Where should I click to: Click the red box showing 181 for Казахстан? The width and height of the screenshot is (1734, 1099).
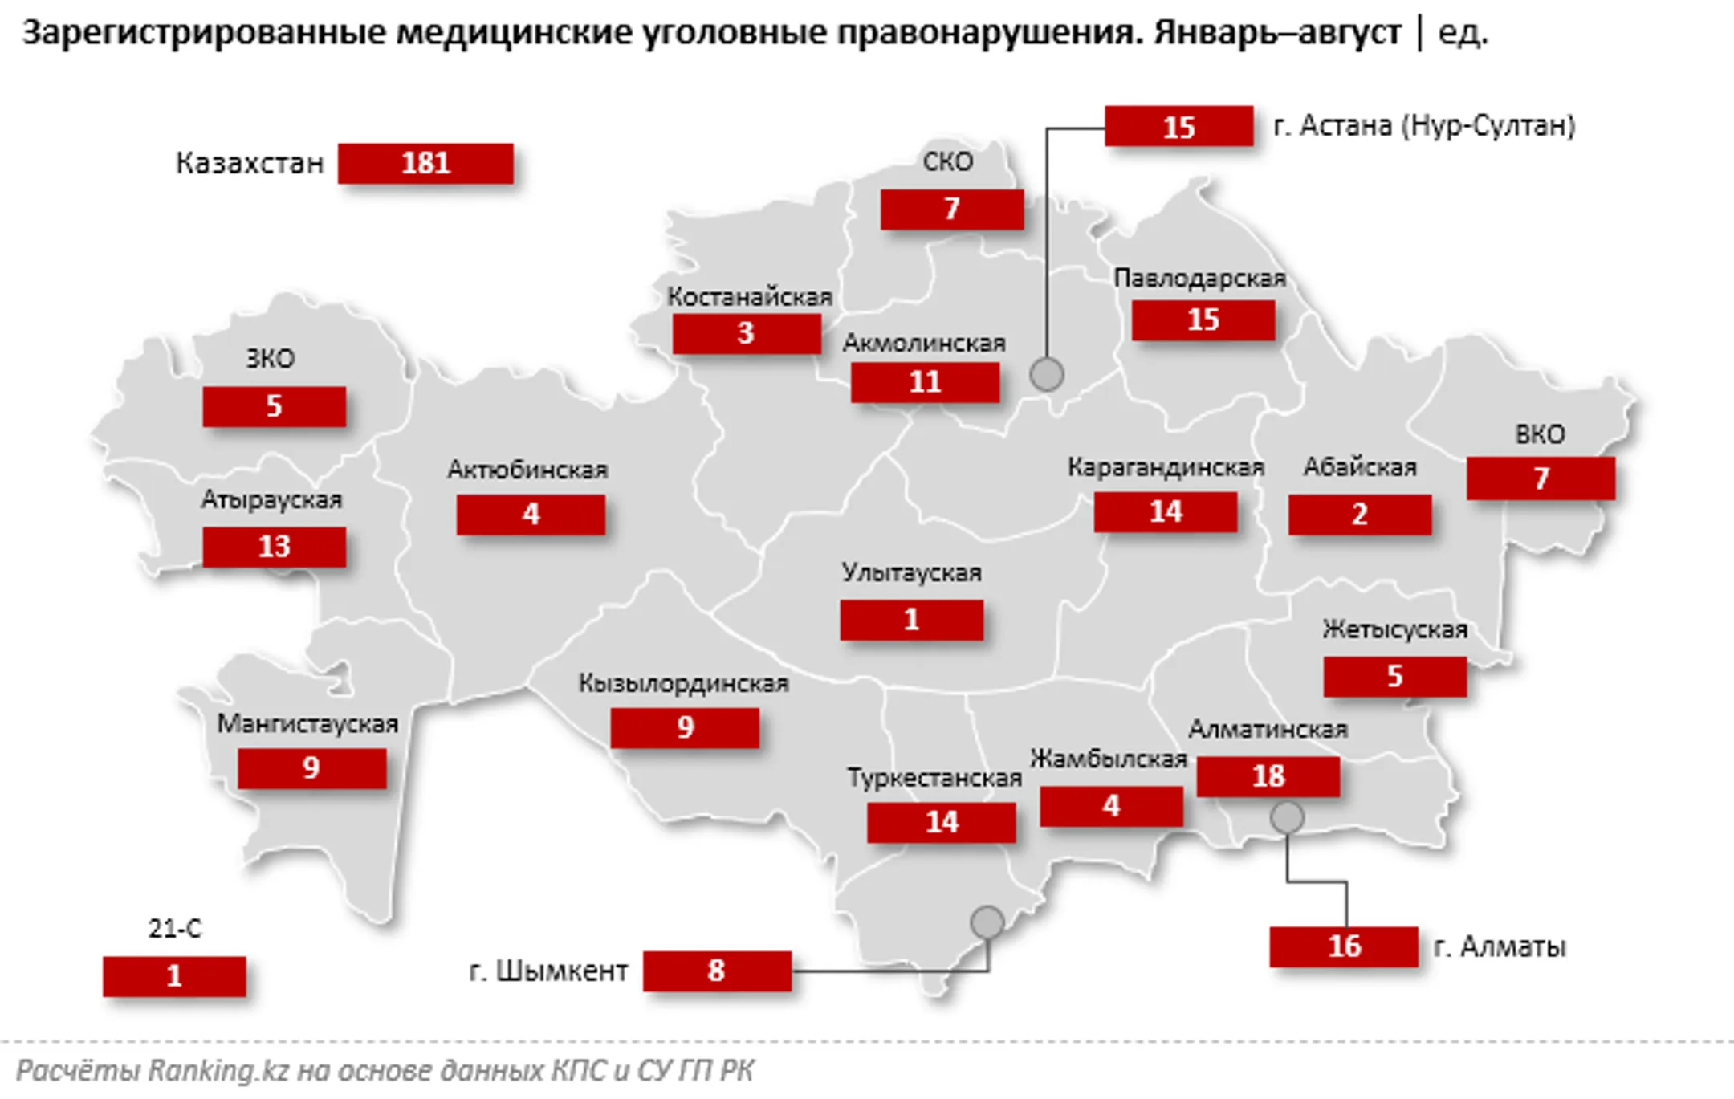(x=425, y=164)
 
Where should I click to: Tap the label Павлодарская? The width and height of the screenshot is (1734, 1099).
(x=1199, y=279)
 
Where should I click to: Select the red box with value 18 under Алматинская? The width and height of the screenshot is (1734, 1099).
(x=1268, y=776)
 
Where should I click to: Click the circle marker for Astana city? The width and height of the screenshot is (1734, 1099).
(x=1047, y=374)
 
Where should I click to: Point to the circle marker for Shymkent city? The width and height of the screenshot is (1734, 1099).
(x=987, y=922)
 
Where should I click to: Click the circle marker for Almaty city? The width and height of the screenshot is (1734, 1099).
(x=1287, y=818)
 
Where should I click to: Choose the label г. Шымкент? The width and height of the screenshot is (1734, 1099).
(x=548, y=971)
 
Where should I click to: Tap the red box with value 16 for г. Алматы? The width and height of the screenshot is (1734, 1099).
(x=1343, y=946)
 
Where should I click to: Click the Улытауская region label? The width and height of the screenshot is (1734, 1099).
(x=911, y=572)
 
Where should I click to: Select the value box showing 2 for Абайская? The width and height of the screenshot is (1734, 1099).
(x=1359, y=515)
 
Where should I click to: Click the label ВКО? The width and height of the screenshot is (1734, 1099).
(x=1540, y=434)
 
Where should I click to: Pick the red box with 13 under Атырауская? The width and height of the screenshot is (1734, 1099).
(x=274, y=547)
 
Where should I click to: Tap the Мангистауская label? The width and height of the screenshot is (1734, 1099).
(x=307, y=724)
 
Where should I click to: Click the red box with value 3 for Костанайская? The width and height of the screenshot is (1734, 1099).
(x=746, y=333)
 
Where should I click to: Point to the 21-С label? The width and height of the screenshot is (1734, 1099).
(x=174, y=929)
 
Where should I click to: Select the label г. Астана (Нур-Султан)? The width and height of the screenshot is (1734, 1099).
(x=1424, y=126)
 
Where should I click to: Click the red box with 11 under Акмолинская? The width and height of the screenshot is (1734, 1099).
(x=925, y=382)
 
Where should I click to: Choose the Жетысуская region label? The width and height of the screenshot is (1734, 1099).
(x=1394, y=629)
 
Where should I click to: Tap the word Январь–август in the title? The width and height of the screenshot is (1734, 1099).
(x=1277, y=34)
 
